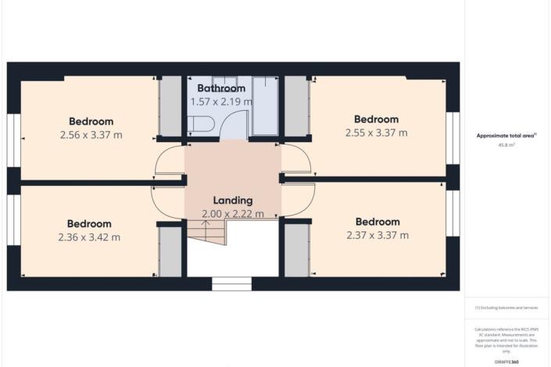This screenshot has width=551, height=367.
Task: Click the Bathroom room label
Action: [221, 88]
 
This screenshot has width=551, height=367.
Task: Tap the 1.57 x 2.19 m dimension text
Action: [221, 102]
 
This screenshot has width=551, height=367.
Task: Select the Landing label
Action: [232, 200]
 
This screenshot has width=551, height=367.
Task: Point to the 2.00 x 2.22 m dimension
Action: [232, 213]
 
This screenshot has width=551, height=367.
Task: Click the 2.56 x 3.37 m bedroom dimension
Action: [91, 134]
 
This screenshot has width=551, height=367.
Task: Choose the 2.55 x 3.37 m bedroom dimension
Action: [376, 133]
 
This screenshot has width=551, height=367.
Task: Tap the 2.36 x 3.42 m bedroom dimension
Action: [88, 237]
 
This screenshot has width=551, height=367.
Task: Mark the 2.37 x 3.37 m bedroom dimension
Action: [377, 234]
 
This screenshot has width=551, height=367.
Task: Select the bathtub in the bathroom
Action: [264, 105]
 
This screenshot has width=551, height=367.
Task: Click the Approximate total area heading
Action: [506, 136]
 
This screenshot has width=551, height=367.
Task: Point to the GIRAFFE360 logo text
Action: [507, 362]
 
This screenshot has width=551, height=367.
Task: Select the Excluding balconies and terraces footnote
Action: [507, 308]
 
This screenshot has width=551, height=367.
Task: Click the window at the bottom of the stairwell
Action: [232, 286]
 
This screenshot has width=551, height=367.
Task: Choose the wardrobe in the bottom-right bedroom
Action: [296, 251]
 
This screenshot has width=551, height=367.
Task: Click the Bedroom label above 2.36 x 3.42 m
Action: [88, 224]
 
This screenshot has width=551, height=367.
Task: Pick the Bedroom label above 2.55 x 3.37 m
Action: [376, 119]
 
